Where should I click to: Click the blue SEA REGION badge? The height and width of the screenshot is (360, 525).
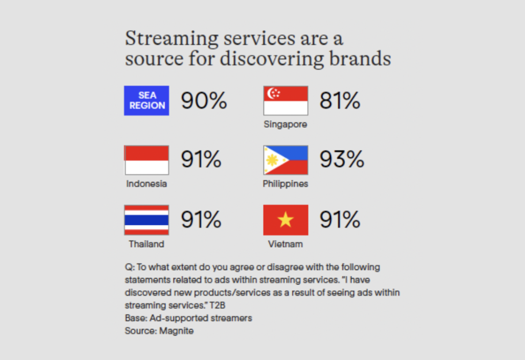(x=146, y=101)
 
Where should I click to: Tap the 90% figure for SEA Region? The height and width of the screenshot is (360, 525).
(x=204, y=101)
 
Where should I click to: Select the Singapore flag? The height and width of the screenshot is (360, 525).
(x=286, y=101)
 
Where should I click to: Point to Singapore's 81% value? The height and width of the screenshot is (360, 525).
(x=340, y=101)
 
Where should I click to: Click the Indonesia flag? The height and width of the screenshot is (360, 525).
(x=146, y=160)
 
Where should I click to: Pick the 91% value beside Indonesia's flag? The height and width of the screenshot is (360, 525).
(x=201, y=159)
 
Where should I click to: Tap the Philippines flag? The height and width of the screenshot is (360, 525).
(x=286, y=160)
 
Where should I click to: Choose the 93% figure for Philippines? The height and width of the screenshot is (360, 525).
(x=342, y=159)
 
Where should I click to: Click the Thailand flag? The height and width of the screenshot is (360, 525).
(x=146, y=220)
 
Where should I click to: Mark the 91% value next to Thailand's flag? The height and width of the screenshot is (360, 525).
(x=201, y=219)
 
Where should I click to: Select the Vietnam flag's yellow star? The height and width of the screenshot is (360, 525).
(x=286, y=220)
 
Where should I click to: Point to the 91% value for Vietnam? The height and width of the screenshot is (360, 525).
(x=340, y=219)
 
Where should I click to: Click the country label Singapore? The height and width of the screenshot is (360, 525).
(x=285, y=125)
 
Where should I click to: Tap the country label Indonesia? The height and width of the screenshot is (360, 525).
(x=146, y=184)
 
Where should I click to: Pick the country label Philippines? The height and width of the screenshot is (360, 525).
(x=285, y=184)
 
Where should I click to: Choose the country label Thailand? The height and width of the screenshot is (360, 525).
(x=146, y=244)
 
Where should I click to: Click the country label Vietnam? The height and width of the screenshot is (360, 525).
(x=285, y=244)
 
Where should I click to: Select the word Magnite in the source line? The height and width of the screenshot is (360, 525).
(x=176, y=331)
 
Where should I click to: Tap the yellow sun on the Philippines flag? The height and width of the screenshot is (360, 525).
(x=272, y=160)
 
